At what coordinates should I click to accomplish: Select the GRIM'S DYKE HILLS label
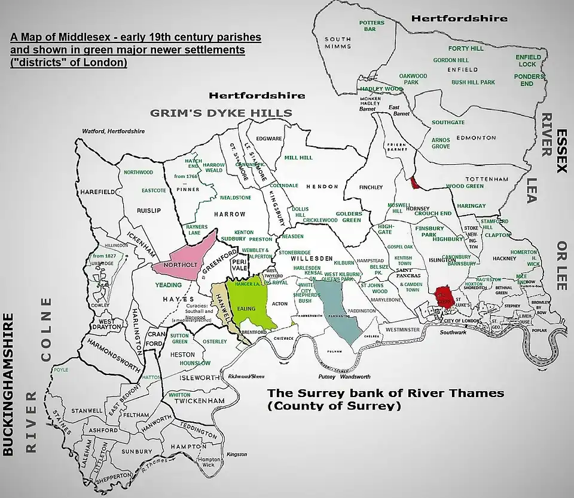(221, 113)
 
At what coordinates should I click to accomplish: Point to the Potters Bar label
(371, 26)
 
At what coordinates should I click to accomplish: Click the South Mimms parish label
(338, 43)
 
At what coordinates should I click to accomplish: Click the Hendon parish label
(322, 187)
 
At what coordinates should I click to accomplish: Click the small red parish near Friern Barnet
(414, 183)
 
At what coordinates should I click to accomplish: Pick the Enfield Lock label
(528, 60)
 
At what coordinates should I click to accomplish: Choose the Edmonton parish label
(476, 138)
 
